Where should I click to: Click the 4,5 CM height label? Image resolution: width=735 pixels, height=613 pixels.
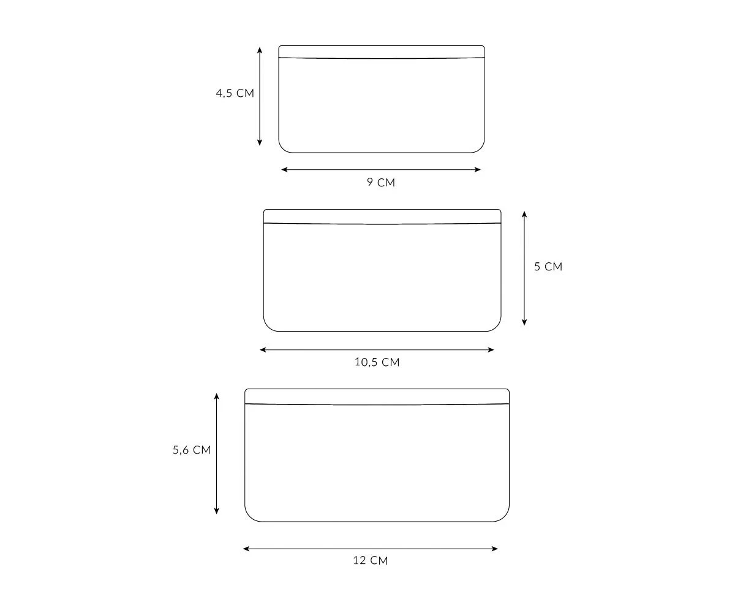pyautogui.click(x=235, y=93)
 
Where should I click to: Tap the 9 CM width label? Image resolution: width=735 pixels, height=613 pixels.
pyautogui.click(x=381, y=182)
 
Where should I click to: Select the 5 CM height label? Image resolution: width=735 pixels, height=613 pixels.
pyautogui.click(x=548, y=266)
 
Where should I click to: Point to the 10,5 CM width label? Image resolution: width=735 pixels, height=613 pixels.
pyautogui.click(x=377, y=362)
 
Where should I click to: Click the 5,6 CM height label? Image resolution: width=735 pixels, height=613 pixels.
pyautogui.click(x=192, y=449)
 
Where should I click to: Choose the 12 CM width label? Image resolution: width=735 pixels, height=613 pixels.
pyautogui.click(x=371, y=560)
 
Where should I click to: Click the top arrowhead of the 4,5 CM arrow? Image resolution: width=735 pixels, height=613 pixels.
pyautogui.click(x=260, y=50)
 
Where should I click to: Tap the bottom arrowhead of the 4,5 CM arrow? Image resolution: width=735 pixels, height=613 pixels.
pyautogui.click(x=260, y=142)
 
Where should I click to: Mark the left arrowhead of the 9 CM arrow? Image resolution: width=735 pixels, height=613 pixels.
pyautogui.click(x=284, y=169)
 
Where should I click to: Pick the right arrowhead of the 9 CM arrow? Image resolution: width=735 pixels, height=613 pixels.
pyautogui.click(x=478, y=169)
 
